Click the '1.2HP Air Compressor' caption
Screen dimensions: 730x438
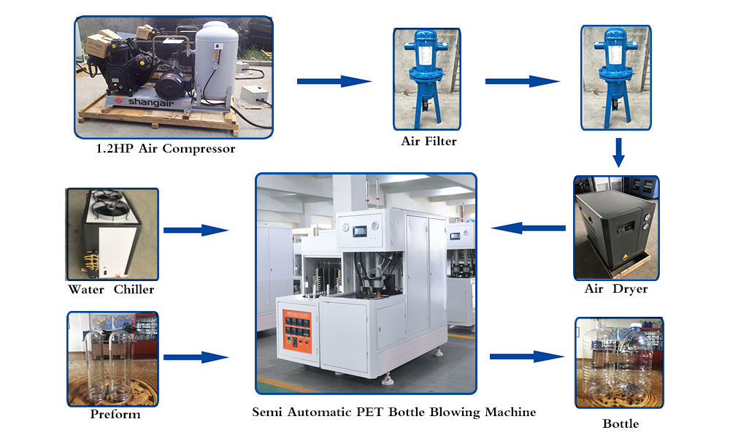pos(166,149)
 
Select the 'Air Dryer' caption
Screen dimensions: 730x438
pos(616,289)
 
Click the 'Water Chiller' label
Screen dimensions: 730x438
pos(111,289)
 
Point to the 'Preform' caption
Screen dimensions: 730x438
pos(115,415)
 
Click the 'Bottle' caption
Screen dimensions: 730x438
pos(620,423)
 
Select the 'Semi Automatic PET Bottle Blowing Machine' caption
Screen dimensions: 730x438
pos(393,412)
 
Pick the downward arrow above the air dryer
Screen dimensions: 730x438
pos(618,152)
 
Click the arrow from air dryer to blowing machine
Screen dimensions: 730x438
pos(528,228)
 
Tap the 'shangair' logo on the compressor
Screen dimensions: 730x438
pos(139,102)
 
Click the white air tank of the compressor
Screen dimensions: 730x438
pos(215,62)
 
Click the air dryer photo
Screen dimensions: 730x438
pos(616,227)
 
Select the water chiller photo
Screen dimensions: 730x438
pos(112,234)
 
